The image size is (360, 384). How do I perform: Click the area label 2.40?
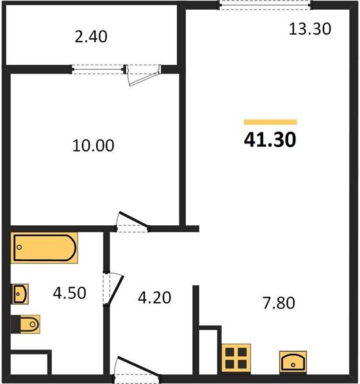point(91,36)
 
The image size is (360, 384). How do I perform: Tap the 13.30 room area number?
point(310,29)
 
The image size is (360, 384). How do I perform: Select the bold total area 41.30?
point(270,140)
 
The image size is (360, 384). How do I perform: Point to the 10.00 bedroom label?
point(93,145)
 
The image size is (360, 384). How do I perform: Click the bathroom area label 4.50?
point(69,293)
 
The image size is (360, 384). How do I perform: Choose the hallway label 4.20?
point(154,298)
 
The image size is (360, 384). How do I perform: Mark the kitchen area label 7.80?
point(279,303)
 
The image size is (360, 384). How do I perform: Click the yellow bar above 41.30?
point(270,122)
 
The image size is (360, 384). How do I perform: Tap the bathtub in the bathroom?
point(44,248)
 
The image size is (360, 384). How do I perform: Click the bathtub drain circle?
point(19,247)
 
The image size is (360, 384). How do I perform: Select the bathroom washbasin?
point(20,294)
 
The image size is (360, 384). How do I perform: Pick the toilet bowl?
point(30,324)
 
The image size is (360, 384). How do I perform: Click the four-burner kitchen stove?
point(236,358)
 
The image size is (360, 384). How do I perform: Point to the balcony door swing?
point(144,76)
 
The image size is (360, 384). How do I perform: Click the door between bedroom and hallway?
point(133,221)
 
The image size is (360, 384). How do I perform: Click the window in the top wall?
point(265,5)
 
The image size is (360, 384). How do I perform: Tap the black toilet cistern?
point(15,324)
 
